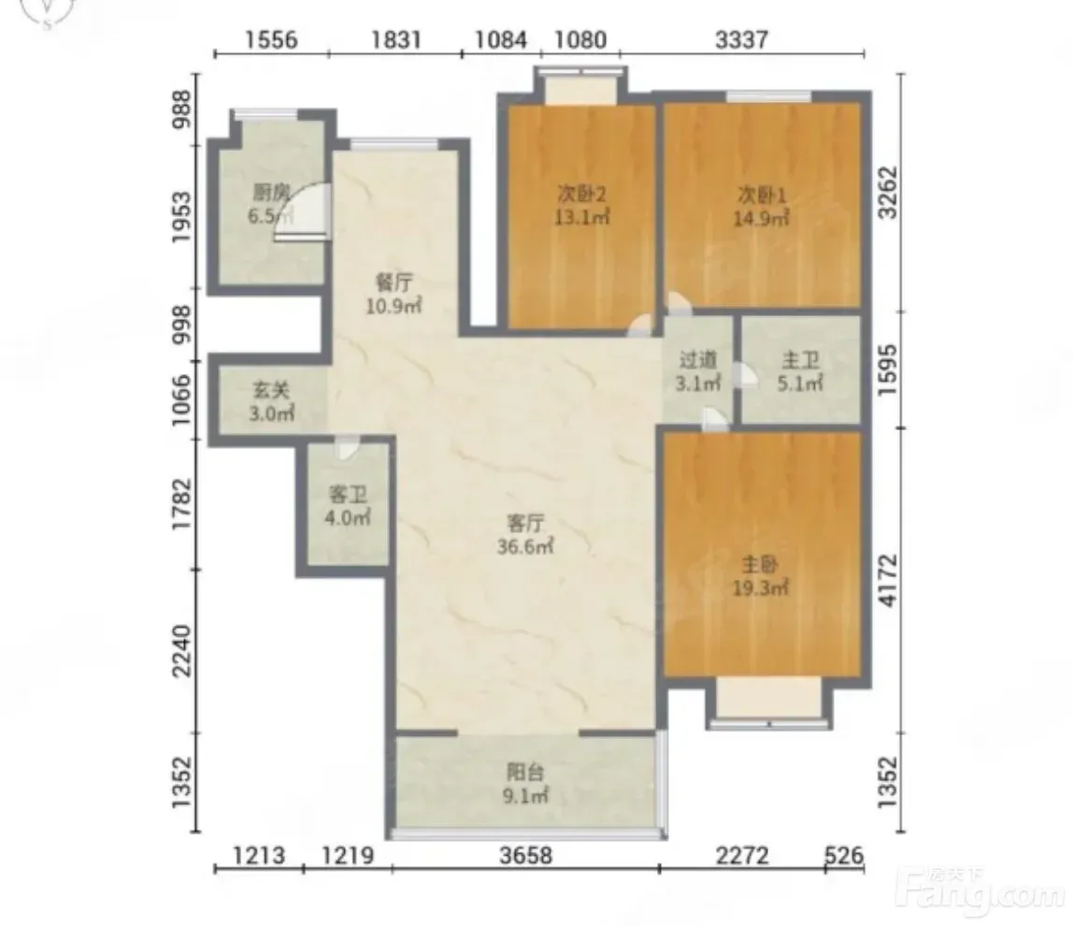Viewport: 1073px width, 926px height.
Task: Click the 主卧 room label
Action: [760, 565]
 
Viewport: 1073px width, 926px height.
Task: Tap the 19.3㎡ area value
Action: [761, 588]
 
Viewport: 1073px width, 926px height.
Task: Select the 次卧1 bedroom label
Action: [762, 195]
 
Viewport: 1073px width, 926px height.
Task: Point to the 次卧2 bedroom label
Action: [581, 195]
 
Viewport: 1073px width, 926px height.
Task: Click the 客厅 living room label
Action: [525, 523]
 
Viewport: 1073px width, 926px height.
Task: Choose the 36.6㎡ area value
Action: [525, 546]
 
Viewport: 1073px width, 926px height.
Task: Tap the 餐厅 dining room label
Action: [394, 282]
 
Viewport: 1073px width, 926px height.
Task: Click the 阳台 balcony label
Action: [525, 773]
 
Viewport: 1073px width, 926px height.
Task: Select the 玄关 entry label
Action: [271, 390]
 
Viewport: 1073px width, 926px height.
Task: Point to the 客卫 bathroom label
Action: [348, 494]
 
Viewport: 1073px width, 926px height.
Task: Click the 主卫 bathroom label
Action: [800, 359]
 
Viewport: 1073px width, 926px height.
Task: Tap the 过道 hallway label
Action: [698, 359]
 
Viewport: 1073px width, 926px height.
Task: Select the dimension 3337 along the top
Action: [742, 39]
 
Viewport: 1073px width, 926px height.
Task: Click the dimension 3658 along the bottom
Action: [525, 856]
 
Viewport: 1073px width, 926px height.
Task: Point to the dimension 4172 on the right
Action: [888, 579]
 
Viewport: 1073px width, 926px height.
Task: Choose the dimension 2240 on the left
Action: [182, 651]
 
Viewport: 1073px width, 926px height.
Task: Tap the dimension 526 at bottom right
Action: [844, 856]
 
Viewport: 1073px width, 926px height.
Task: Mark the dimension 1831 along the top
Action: [395, 39]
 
